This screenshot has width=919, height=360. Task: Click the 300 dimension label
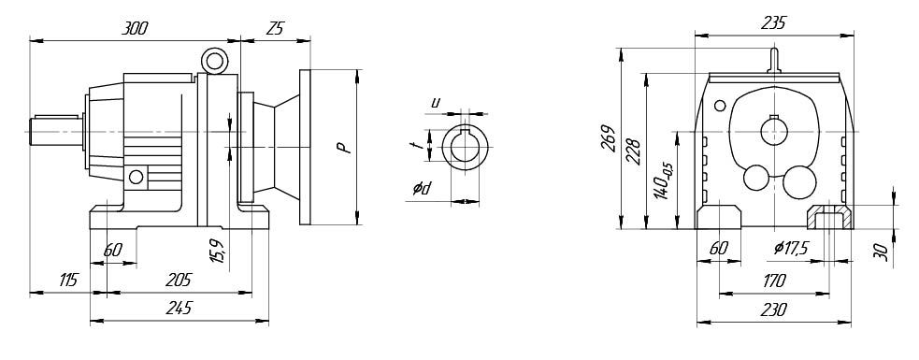pyautogui.click(x=135, y=29)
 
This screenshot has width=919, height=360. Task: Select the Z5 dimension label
pyautogui.click(x=274, y=29)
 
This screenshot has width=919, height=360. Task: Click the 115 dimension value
pyautogui.click(x=68, y=281)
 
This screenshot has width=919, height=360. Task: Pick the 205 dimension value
pyautogui.click(x=179, y=281)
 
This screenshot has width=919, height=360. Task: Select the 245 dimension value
pyautogui.click(x=179, y=309)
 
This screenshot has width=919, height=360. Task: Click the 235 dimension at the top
pyautogui.click(x=773, y=23)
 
